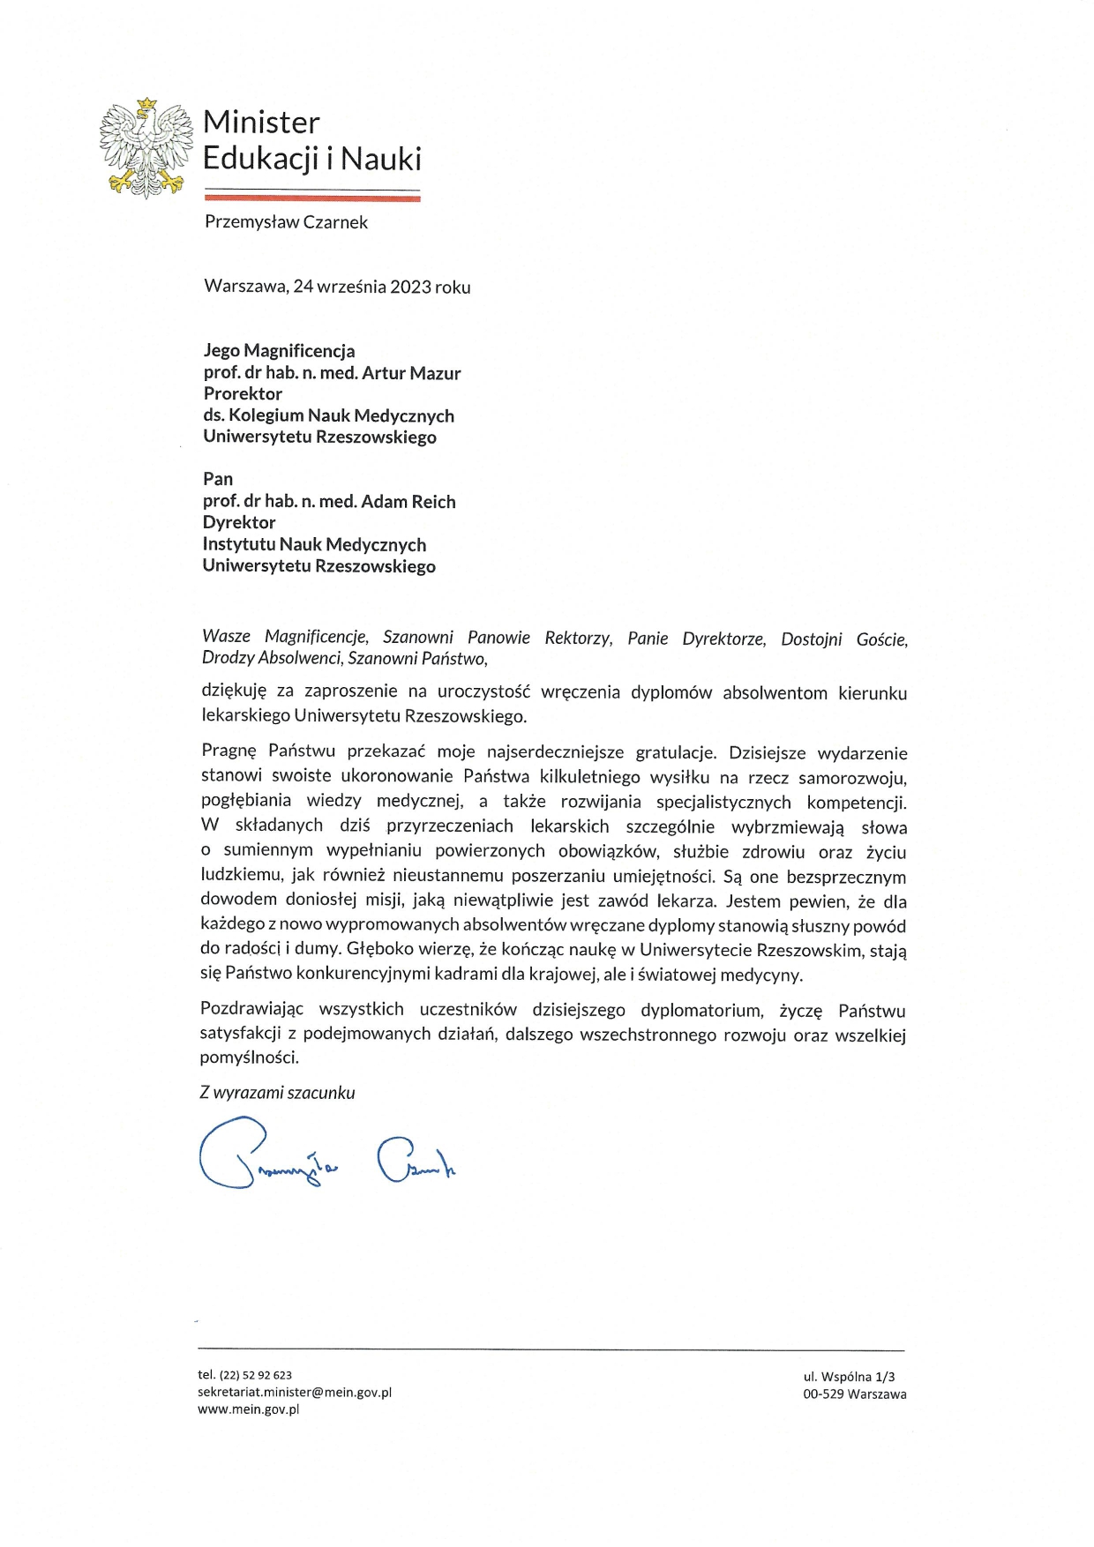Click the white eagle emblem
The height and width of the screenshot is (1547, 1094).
tap(146, 147)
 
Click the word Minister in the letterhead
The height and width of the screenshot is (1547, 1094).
tap(261, 123)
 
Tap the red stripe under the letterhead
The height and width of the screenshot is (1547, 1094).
tap(312, 198)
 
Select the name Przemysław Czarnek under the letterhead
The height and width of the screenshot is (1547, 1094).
tap(286, 222)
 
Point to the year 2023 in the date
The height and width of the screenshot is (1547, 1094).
tap(410, 287)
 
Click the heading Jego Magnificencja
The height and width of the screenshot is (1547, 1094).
tap(279, 351)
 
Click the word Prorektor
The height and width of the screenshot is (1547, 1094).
tap(243, 394)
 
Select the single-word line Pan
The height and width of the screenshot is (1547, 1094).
tap(218, 479)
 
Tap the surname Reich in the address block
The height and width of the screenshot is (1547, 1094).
tap(432, 502)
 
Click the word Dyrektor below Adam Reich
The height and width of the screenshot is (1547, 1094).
tap(239, 523)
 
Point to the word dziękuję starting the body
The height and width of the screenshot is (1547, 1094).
tap(234, 693)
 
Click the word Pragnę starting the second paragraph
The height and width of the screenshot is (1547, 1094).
tap(229, 752)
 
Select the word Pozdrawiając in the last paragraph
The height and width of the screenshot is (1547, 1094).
tap(251, 1010)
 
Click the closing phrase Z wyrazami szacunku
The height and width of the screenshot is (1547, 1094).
tap(277, 1093)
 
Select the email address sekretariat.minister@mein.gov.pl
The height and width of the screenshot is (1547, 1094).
tap(295, 1393)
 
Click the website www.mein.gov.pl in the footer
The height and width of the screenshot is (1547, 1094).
tap(249, 1409)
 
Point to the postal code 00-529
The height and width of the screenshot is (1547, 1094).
tap(822, 1394)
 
